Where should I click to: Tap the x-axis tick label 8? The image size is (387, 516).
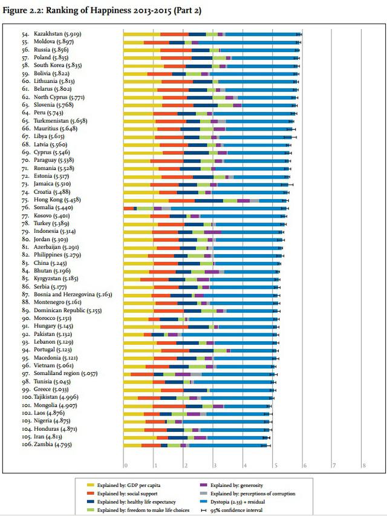click(364, 465)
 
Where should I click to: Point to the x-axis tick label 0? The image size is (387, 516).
click(125, 465)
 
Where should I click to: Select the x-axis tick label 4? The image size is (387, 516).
click(244, 465)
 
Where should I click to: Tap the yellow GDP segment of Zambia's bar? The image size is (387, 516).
click(133, 445)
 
